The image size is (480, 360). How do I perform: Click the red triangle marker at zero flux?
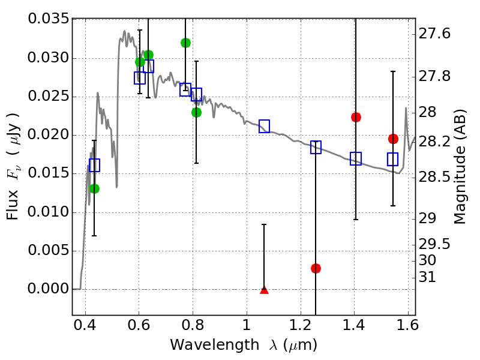[x=264, y=290]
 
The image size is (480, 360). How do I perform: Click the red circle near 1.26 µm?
[x=316, y=268]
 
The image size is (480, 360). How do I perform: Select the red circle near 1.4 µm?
[x=356, y=117]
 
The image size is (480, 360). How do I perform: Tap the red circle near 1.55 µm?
[x=393, y=139]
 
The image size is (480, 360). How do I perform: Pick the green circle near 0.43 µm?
[x=94, y=188]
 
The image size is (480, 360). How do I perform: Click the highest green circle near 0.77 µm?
[x=185, y=43]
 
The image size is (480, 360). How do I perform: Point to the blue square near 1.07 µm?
[x=264, y=126]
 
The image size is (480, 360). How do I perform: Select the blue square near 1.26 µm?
[x=316, y=147]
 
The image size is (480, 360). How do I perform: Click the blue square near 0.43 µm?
[x=94, y=165]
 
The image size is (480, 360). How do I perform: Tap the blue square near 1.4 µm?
[x=356, y=158]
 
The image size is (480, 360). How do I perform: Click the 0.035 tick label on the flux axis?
[x=47, y=20]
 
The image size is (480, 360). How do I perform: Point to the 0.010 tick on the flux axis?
[x=47, y=212]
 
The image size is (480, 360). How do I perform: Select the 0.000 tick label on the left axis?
[x=47, y=289]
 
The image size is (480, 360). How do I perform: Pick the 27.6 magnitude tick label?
[x=435, y=34]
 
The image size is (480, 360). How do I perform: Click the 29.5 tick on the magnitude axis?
[x=435, y=244]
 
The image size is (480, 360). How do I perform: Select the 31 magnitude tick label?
[x=428, y=277]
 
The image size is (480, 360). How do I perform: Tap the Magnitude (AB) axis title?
[x=460, y=168]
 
